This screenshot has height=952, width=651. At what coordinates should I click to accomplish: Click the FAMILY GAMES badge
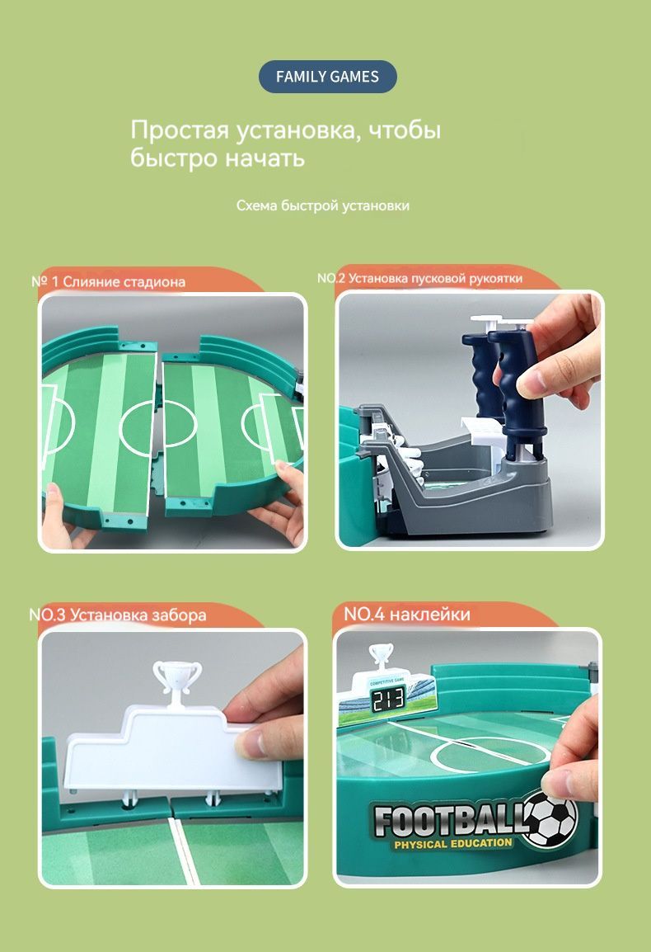pyautogui.click(x=328, y=77)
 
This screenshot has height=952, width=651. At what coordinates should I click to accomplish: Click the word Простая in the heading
pyautogui.click(x=180, y=130)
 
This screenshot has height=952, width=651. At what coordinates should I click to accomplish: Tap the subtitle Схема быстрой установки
pyautogui.click(x=323, y=205)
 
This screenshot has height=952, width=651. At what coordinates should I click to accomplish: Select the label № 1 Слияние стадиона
pyautogui.click(x=108, y=281)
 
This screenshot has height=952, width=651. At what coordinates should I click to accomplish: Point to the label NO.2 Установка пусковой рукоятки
pyautogui.click(x=419, y=278)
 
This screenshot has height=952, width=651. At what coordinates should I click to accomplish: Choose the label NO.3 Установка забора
pyautogui.click(x=118, y=615)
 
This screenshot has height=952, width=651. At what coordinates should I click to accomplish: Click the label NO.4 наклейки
pyautogui.click(x=407, y=614)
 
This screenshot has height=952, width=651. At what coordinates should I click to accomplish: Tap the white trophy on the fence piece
pyautogui.click(x=176, y=682)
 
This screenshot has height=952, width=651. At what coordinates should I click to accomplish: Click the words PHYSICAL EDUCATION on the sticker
pyautogui.click(x=452, y=843)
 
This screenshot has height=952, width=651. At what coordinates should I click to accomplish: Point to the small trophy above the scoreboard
pyautogui.click(x=381, y=655)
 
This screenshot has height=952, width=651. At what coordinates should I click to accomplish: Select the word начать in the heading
pyautogui.click(x=265, y=158)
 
